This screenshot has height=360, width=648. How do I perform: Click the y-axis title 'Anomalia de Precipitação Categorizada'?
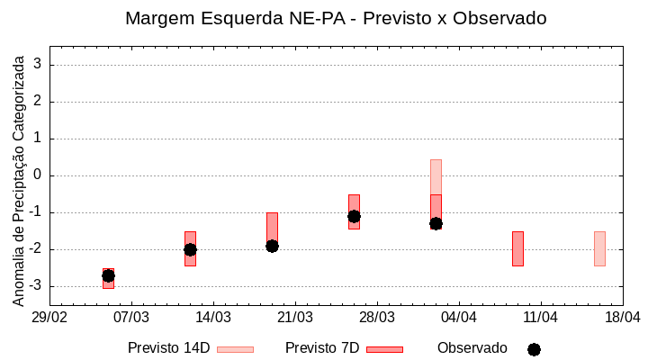(x=18, y=179)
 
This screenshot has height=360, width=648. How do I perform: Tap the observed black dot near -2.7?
(x=108, y=275)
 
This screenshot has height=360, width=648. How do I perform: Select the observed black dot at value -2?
(x=190, y=249)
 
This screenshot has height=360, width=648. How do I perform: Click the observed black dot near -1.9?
(x=272, y=246)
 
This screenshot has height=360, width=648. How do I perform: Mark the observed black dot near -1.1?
(x=354, y=216)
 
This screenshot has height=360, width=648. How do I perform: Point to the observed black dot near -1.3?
(x=436, y=223)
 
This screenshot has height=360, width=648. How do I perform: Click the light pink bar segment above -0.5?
(x=436, y=177)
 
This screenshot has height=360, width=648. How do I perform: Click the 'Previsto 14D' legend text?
(x=168, y=348)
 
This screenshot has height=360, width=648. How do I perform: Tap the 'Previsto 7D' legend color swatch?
(x=384, y=349)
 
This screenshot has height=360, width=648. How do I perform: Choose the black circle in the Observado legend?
(x=534, y=349)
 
